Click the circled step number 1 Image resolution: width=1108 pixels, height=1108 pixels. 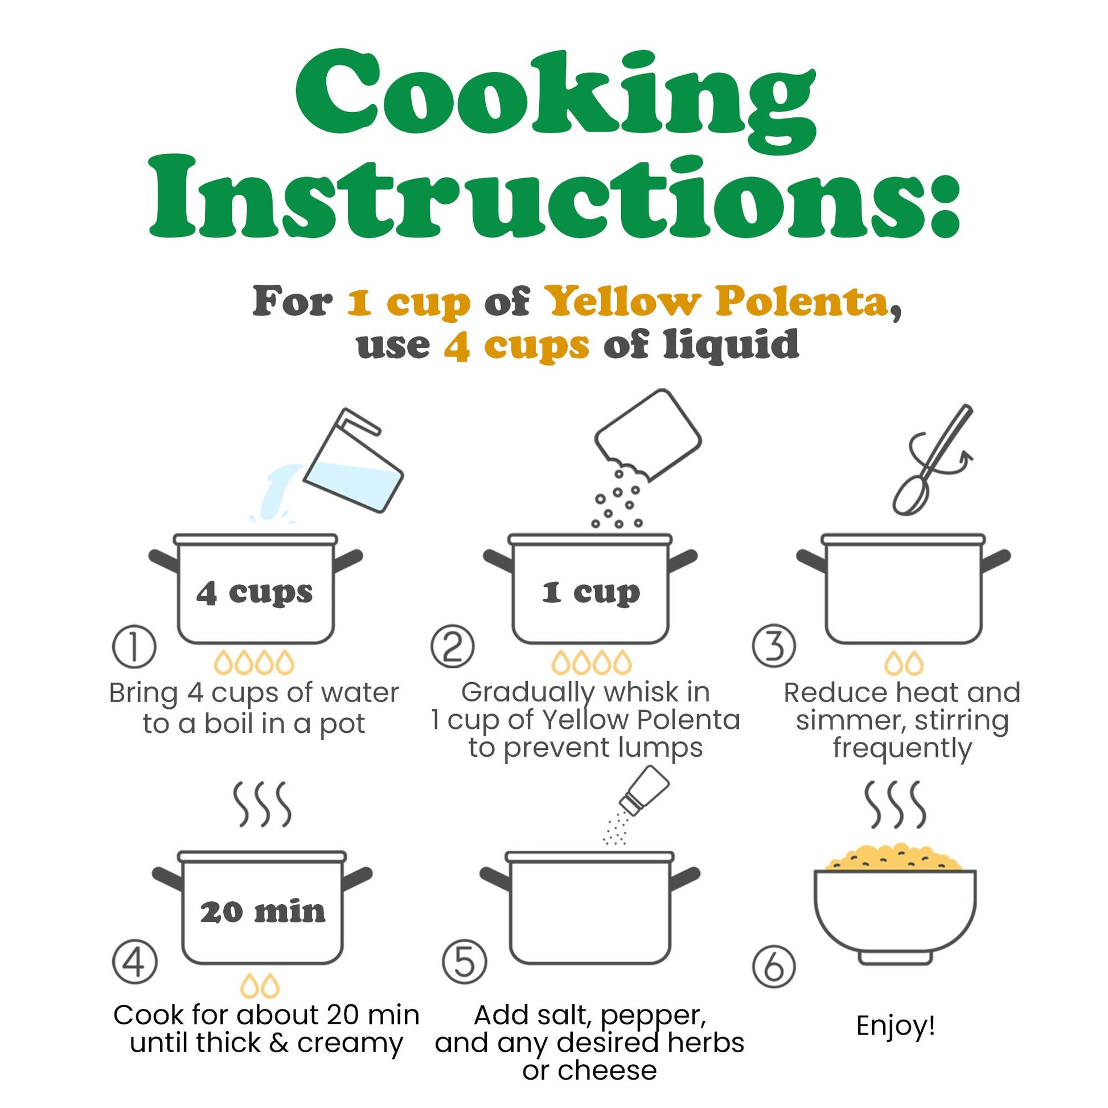click(x=134, y=646)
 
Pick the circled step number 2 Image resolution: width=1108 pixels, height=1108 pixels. click(x=453, y=646)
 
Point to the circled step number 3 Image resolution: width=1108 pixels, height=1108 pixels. click(x=774, y=646)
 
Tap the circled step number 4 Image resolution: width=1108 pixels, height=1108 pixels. click(x=135, y=962)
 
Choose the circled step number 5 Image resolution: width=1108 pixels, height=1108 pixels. click(x=465, y=962)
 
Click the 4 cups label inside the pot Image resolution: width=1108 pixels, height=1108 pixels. click(x=255, y=593)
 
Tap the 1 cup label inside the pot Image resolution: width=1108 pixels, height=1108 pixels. click(x=590, y=593)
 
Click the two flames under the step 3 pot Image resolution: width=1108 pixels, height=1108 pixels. click(x=904, y=662)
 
